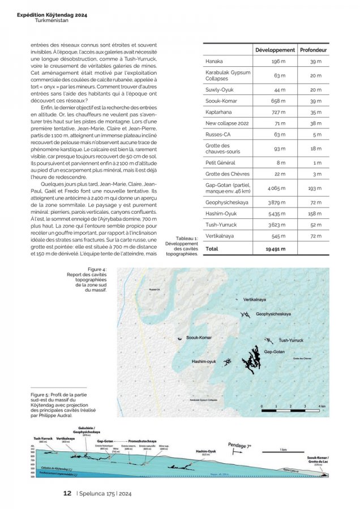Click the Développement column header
coord(275,50)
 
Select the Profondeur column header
coord(314,50)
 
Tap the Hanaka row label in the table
coord(214,61)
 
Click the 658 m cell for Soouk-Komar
coord(278,101)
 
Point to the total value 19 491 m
coord(276,248)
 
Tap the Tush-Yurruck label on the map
coord(292,340)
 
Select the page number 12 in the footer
coord(67,493)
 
